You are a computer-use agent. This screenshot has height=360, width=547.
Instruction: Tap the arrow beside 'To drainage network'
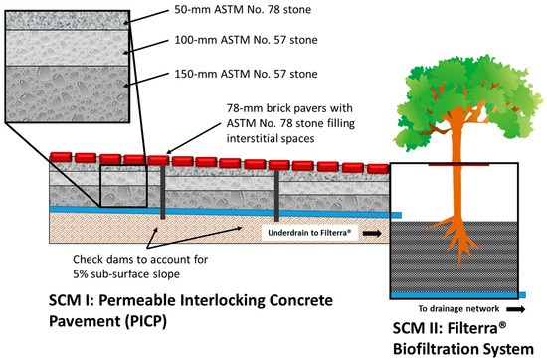[x=516, y=308]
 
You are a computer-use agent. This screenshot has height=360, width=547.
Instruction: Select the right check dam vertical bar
[x=276, y=197]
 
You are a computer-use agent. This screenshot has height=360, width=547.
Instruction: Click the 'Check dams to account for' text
[x=146, y=257]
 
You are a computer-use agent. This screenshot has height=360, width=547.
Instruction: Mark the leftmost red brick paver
[x=58, y=157]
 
